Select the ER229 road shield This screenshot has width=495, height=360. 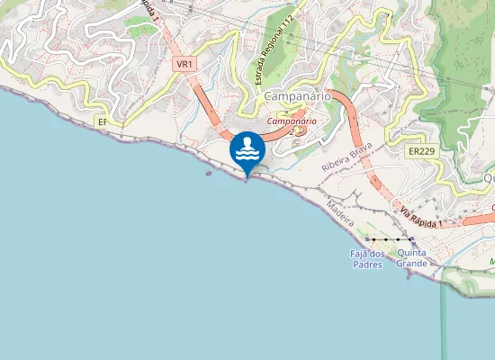coord(420,151)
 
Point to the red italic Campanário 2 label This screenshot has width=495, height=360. coord(291,125)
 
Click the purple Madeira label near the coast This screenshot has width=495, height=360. coord(341,213)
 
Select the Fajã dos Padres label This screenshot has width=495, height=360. coord(367,259)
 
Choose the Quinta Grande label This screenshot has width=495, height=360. coord(411,259)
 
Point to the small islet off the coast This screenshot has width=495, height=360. coord(210,172)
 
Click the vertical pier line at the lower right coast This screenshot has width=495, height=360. coord(443,315)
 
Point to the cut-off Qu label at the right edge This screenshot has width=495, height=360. coord(489,177)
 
